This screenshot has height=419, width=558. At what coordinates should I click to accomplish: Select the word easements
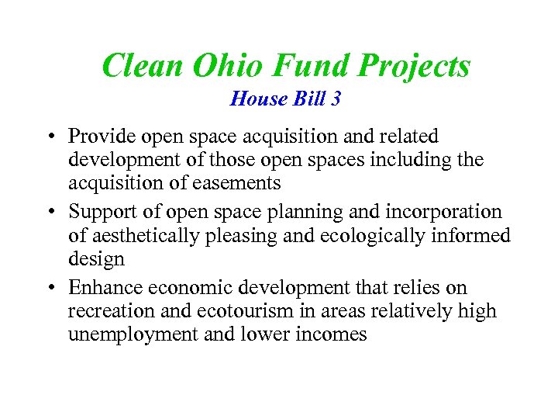click(241, 184)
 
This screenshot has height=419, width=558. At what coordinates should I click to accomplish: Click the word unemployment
click(129, 335)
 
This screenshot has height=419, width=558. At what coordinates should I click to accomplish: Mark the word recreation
click(108, 311)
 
